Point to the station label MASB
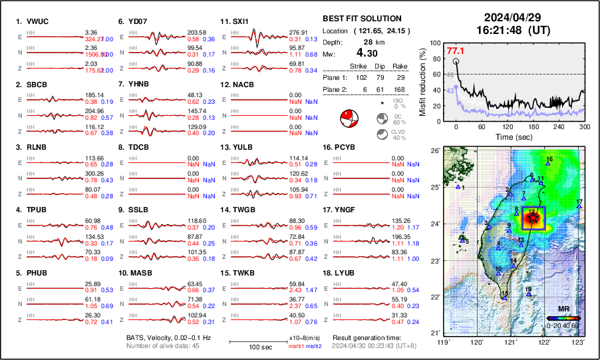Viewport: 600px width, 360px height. (139, 273)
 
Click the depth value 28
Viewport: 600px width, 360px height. (367, 41)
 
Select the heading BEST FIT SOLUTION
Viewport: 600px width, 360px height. (362, 19)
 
